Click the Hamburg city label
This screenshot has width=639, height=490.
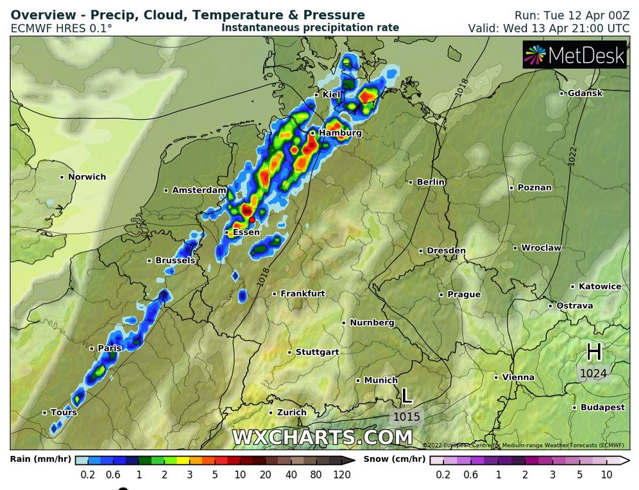340,133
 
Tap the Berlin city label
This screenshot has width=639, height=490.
430,182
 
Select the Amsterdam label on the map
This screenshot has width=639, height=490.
199,190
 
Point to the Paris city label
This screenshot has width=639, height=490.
110,348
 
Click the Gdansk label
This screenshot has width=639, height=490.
585,93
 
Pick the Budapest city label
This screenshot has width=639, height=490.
602,407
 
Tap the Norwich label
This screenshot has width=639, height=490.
87,177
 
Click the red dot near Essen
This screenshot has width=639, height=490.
252,220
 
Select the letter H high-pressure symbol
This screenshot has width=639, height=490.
594,352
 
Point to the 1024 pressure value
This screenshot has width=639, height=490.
593,373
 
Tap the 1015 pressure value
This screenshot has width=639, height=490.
407,417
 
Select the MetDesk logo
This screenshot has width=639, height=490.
574,56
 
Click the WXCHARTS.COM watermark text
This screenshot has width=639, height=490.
322,437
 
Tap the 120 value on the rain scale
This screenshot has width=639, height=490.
342,475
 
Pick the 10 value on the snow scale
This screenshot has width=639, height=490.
606,475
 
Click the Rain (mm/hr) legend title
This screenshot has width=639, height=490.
40,459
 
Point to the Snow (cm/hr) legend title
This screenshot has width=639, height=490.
394,459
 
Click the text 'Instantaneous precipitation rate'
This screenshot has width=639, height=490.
310,28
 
